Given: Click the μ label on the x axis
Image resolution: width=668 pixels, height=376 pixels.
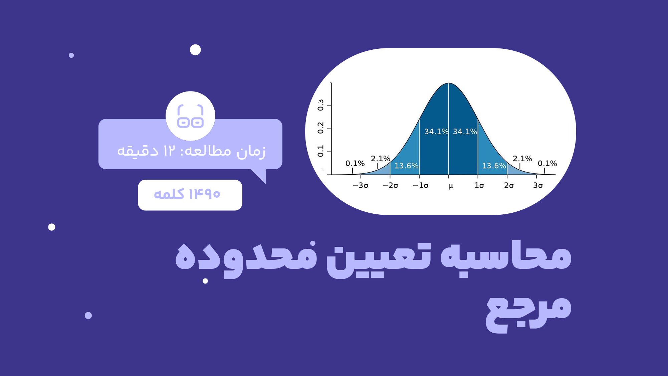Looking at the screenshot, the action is point(450,186).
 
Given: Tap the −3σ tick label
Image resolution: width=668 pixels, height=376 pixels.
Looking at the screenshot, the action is point(361,185).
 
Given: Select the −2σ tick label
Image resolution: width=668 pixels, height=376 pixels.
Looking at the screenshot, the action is point(390,185).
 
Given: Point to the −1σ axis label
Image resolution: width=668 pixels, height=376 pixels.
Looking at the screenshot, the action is point(421,185).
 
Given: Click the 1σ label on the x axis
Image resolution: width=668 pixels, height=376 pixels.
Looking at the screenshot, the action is point(479,185).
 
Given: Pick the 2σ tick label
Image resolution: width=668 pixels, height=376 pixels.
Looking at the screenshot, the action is point(509,185).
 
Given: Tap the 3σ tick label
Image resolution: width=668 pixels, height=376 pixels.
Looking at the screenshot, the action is point(538,185).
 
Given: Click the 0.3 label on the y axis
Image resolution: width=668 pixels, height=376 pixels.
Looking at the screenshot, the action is point(321,105).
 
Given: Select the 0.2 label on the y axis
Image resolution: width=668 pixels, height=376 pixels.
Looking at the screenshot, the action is point(321,128).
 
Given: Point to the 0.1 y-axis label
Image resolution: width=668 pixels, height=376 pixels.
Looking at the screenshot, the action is point(321,151).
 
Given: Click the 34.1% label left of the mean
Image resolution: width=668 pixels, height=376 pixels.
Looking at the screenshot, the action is point(436,132).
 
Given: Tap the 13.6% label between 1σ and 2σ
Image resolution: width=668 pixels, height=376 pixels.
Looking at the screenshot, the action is point(494,166).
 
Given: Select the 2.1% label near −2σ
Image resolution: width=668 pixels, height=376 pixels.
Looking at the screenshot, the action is point(381,159).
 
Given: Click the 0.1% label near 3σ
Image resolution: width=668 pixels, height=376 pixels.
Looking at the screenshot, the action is point(547,164).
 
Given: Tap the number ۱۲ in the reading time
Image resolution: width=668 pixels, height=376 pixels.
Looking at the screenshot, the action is point(169,151).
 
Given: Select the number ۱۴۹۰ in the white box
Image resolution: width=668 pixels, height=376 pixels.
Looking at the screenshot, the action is point(204,194).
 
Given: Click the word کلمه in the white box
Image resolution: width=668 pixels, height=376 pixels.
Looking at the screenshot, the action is point(169,194).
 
